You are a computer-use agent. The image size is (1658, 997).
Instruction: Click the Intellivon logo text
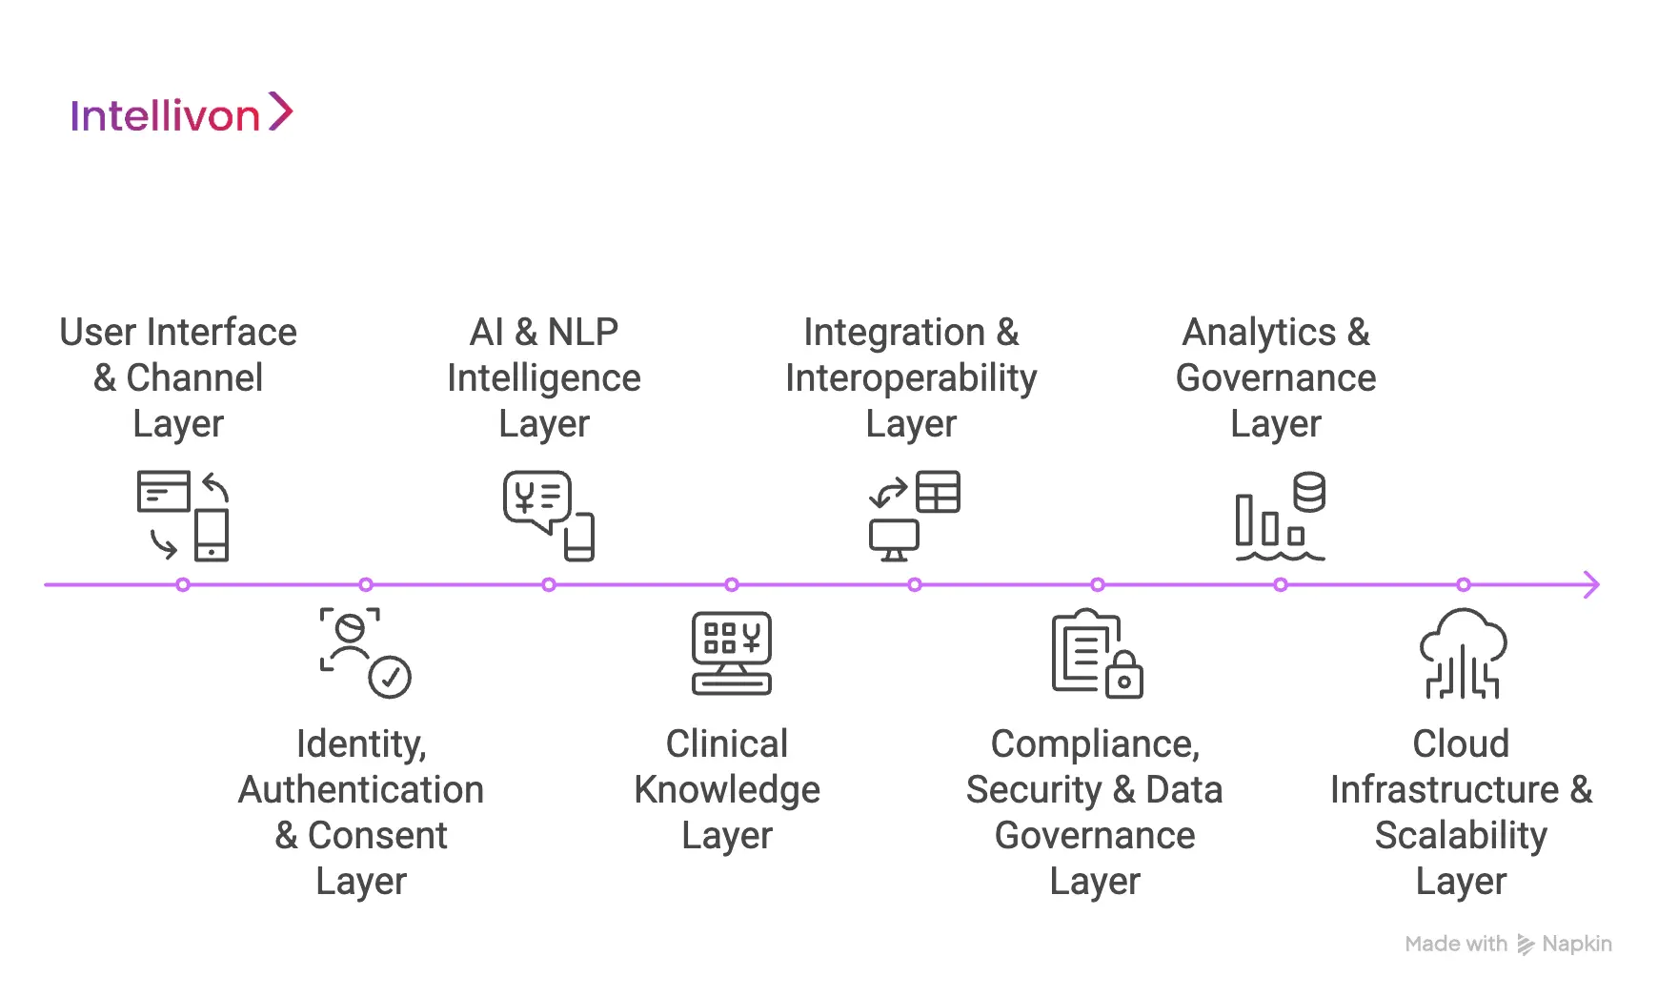[165, 116]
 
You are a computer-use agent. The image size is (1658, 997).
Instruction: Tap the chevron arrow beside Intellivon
[280, 112]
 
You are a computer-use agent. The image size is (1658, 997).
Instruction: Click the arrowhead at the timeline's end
[1591, 584]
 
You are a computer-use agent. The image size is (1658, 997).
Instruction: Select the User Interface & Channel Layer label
[178, 377]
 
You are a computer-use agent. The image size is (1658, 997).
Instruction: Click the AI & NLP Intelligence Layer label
[544, 377]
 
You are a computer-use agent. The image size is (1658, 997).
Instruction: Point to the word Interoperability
[911, 378]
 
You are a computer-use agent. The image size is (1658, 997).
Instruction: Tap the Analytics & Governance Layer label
[1276, 377]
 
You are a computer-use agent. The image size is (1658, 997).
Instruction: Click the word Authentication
[361, 789]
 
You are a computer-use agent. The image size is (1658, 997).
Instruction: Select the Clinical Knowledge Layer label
[727, 789]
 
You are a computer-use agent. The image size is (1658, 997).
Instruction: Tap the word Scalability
[1461, 835]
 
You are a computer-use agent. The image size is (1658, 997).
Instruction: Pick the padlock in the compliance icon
[1124, 676]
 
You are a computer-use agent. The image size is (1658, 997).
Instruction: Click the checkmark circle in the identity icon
[390, 677]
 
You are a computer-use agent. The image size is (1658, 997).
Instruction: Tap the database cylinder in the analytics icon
[1309, 492]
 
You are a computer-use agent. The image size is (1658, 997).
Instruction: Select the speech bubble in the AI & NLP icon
[537, 498]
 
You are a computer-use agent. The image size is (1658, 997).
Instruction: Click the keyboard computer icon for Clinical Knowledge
[732, 653]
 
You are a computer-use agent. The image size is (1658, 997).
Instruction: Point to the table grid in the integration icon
[938, 492]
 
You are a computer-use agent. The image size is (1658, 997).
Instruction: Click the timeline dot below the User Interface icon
[183, 584]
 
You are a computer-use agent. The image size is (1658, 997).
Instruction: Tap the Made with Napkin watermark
[1508, 944]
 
